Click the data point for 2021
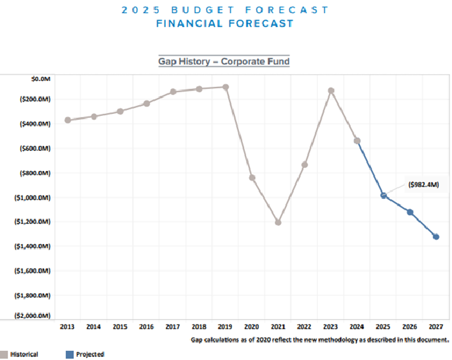[x=278, y=222]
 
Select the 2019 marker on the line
[x=225, y=87]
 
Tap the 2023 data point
[x=331, y=91]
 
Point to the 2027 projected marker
[x=436, y=237]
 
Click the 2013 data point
[x=68, y=120]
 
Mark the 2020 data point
[x=252, y=177]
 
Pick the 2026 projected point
[x=410, y=212]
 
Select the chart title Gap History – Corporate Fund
[x=224, y=62]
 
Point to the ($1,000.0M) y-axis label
[x=31, y=197]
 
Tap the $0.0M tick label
[x=40, y=78]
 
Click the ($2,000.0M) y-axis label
[x=31, y=316]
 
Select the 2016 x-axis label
[x=146, y=327]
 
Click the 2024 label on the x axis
[x=357, y=327]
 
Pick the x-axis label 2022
[x=304, y=327]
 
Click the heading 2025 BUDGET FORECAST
[x=225, y=10]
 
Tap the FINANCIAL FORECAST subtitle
[x=225, y=23]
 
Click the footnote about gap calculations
[x=320, y=339]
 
